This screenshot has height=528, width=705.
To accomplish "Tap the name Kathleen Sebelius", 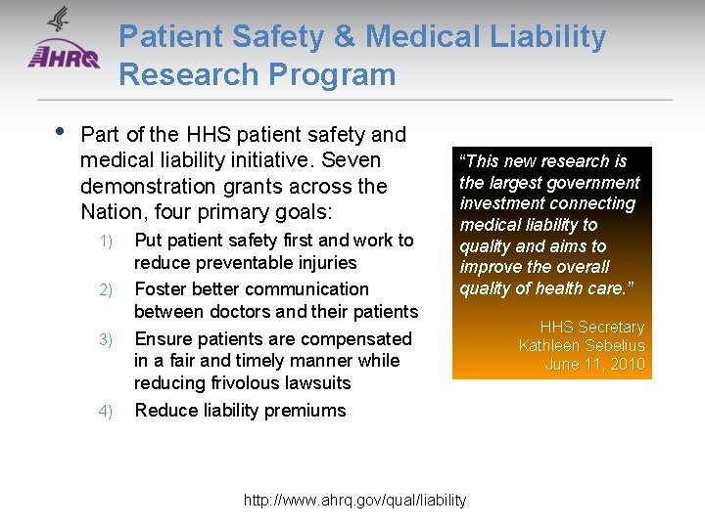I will coord(582,345).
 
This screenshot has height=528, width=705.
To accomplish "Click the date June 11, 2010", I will coord(595,365).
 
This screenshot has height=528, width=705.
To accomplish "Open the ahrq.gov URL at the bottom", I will coord(354,501).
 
